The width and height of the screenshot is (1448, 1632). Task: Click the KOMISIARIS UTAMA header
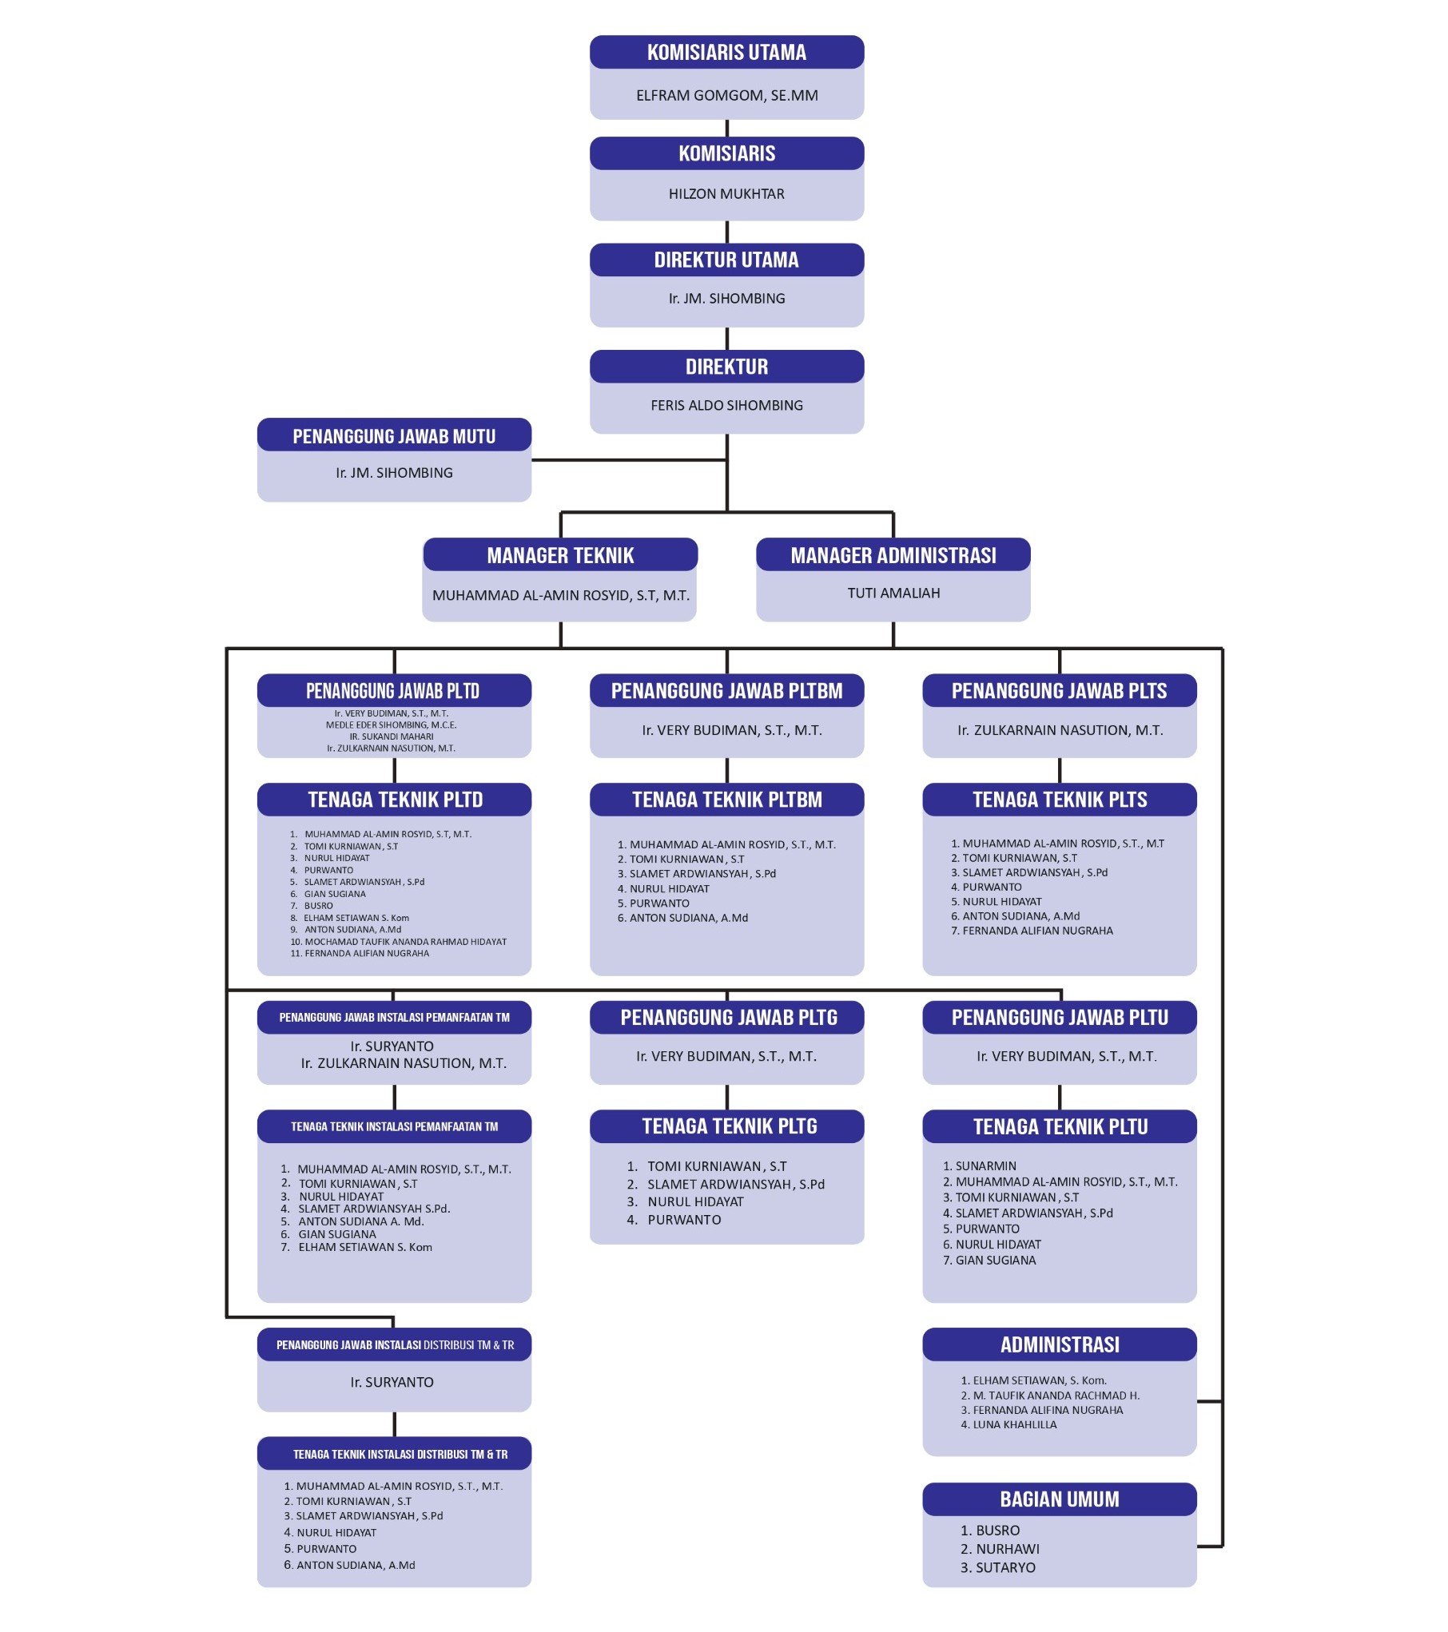726,52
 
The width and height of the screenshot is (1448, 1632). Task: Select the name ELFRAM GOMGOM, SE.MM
726,96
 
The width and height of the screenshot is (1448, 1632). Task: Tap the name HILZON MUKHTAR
726,194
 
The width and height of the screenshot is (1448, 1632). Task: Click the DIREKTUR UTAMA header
726,260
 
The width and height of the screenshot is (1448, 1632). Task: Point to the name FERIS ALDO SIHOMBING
726,405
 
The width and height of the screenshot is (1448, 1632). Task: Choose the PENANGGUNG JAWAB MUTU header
394,435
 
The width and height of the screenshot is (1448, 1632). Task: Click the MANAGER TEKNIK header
560,554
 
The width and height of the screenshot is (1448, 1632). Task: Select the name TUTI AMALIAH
893,593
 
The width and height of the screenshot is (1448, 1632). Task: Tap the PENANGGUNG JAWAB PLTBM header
726,690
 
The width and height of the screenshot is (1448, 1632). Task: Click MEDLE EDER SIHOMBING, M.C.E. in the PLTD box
391,725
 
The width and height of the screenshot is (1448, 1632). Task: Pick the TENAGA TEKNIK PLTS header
1060,799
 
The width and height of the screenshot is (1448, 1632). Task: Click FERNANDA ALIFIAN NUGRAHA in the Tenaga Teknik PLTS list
1037,931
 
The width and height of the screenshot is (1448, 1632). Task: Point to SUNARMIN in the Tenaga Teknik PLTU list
986,1166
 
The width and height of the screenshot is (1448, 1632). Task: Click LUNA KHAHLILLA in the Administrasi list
1015,1424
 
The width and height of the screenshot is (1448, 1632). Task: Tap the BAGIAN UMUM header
1060,1499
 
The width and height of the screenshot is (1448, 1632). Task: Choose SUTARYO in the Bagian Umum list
1005,1567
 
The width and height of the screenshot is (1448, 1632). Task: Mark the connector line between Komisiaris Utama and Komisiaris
726,128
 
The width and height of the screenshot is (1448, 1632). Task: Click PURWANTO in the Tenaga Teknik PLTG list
684,1220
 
